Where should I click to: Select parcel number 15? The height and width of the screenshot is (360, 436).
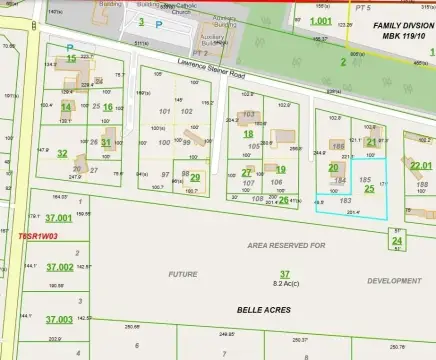pos(71,59)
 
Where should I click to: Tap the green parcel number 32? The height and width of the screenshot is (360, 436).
pos(62,153)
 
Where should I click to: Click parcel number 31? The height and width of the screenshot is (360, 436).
pos(105,143)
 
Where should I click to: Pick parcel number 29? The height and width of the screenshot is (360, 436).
pos(195,178)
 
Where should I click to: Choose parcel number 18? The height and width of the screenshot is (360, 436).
pos(248,133)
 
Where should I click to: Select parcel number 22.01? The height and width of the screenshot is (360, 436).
pos(420,165)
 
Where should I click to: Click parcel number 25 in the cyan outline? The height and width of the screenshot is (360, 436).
pos(369,188)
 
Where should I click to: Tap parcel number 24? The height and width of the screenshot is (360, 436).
pos(397,241)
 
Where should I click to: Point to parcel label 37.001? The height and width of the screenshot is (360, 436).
pos(59,217)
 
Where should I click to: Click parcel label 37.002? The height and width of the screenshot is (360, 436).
pos(59,268)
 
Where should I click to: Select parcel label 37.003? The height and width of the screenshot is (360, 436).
pos(59,319)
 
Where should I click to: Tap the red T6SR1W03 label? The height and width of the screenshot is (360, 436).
pos(39,237)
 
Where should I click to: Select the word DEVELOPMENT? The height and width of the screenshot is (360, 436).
pos(394,281)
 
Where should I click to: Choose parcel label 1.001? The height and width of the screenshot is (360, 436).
pos(320,21)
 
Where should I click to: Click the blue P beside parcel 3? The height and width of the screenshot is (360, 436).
pos(158,22)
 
